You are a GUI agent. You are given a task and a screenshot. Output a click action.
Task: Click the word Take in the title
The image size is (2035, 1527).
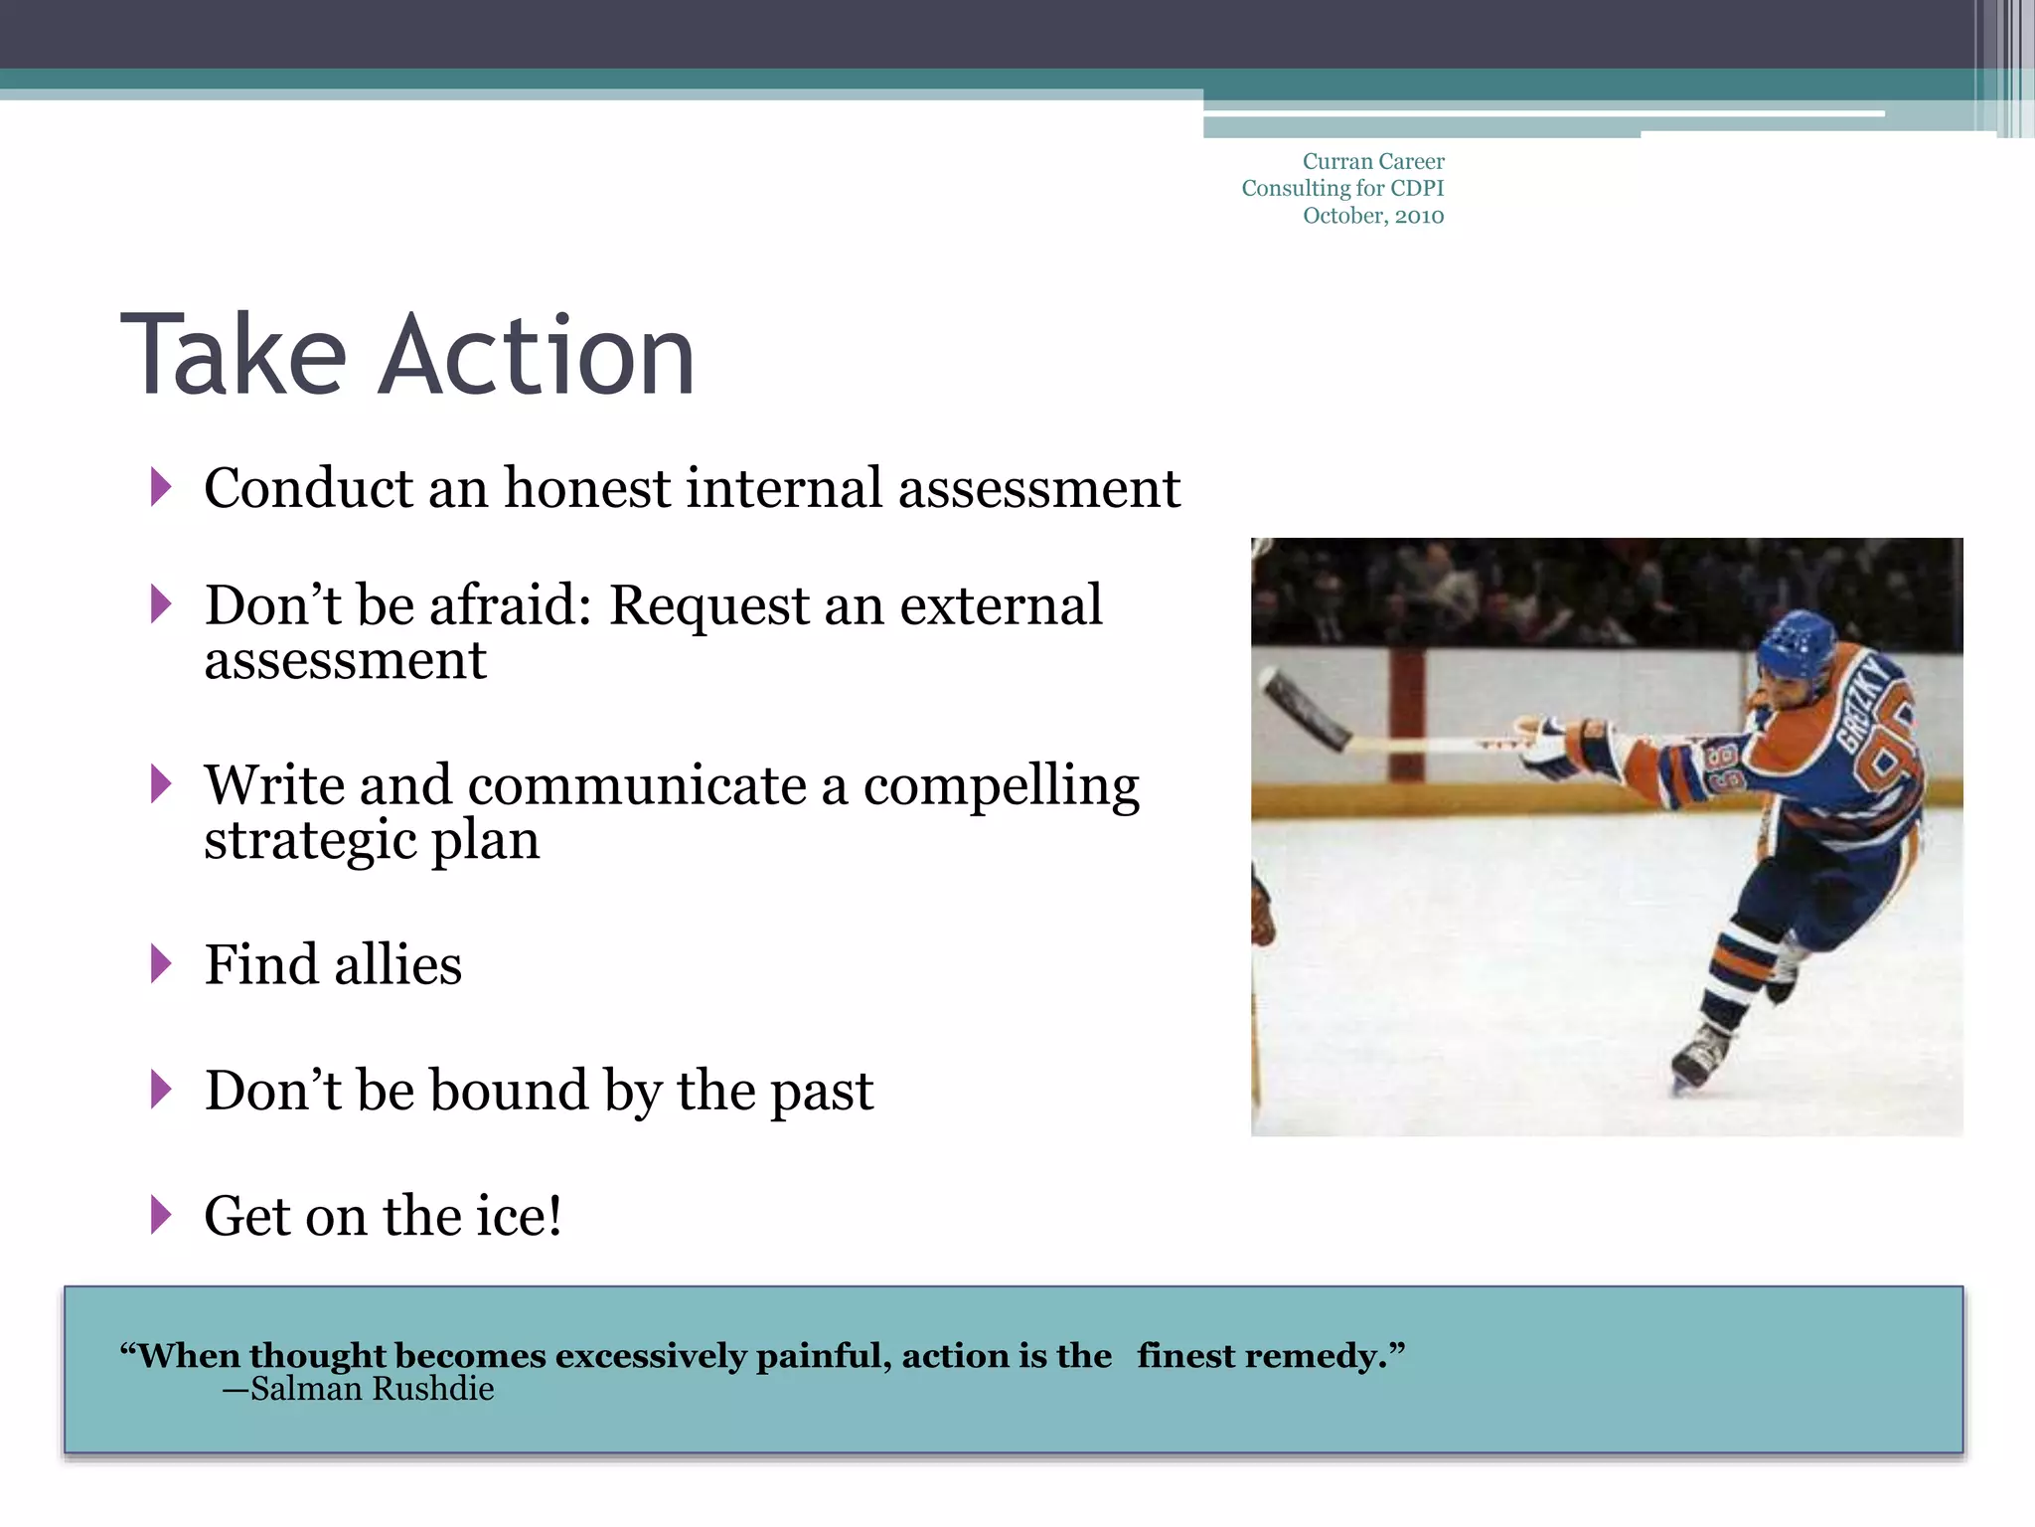(234, 356)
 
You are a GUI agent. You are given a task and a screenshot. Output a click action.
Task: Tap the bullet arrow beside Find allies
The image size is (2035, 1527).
(161, 963)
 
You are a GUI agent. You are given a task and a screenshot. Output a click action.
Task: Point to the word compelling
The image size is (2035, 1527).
(1001, 787)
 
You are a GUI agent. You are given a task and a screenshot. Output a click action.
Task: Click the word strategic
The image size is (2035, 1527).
(309, 841)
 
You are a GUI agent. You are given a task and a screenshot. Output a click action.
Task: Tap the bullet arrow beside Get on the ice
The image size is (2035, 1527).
(161, 1215)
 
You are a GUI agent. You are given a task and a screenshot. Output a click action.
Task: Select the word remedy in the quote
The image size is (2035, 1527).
(1325, 1356)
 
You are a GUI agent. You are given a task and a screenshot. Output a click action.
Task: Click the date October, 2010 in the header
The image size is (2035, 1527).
(1373, 216)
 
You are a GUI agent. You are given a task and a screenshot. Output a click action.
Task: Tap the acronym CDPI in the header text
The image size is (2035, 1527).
(1417, 189)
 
